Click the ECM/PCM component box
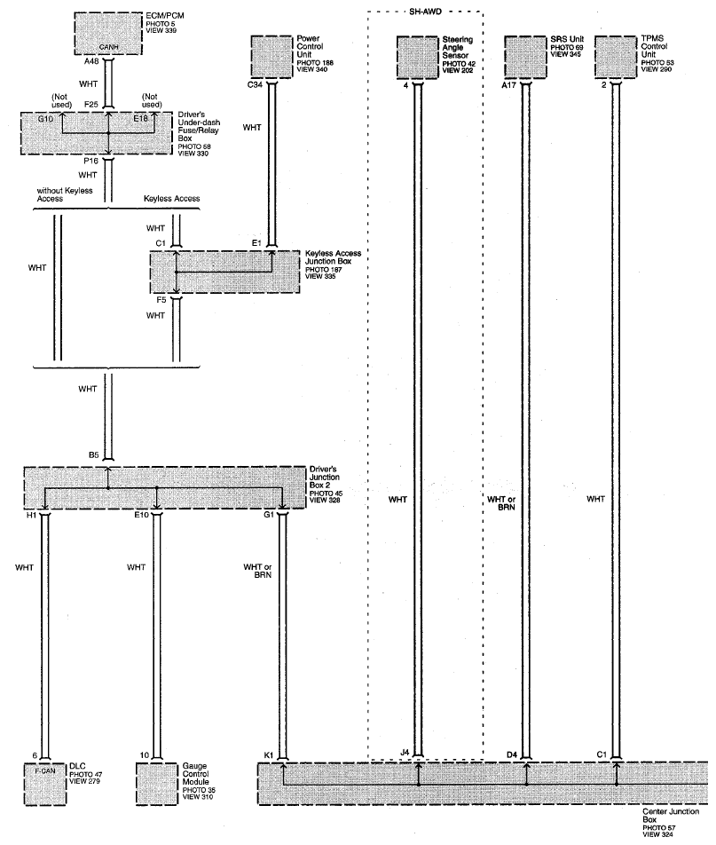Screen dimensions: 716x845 107,34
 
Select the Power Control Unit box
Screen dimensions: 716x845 271,57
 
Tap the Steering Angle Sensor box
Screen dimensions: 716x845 418,57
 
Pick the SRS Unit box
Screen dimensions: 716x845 525,57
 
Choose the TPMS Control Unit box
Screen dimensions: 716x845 616,57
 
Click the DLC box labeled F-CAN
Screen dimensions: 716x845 45,784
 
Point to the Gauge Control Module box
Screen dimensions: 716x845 157,784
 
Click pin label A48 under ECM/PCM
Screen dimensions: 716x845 91,61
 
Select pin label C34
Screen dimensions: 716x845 255,84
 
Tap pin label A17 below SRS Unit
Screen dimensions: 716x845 508,84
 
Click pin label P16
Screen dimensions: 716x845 91,162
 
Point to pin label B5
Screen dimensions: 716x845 94,454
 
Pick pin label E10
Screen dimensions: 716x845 142,515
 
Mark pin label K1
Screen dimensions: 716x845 269,755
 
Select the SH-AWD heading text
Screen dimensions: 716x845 425,12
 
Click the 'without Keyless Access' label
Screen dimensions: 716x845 65,194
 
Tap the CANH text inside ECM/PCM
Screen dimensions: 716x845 108,47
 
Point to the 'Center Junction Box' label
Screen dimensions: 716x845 671,816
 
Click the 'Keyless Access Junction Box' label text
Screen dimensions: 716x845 333,257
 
